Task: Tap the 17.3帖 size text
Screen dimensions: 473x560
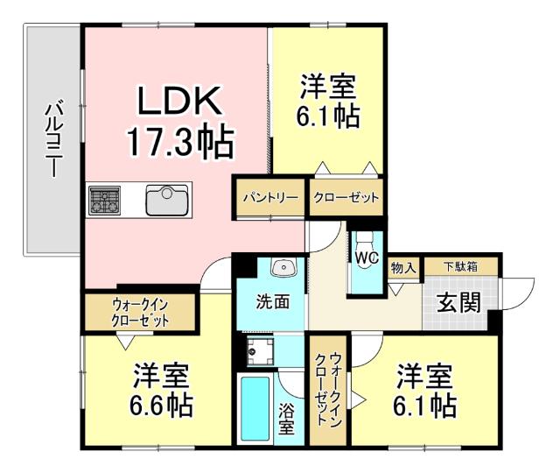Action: pyautogui.click(x=180, y=140)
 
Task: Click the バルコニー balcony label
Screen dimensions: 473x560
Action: pyautogui.click(x=52, y=140)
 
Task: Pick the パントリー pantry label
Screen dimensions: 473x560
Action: pyautogui.click(x=269, y=198)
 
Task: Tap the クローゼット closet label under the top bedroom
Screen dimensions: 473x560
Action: pyautogui.click(x=346, y=198)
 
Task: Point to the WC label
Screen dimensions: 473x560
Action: pyautogui.click(x=365, y=258)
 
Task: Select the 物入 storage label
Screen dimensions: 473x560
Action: pyautogui.click(x=402, y=266)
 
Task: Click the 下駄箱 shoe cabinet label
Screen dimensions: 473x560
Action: pyautogui.click(x=460, y=265)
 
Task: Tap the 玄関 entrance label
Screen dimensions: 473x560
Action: pyautogui.click(x=458, y=303)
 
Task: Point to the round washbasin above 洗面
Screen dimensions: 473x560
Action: pyautogui.click(x=282, y=268)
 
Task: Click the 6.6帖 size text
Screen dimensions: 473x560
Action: pyautogui.click(x=163, y=406)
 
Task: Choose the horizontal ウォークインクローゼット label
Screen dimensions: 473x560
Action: pyautogui.click(x=140, y=312)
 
